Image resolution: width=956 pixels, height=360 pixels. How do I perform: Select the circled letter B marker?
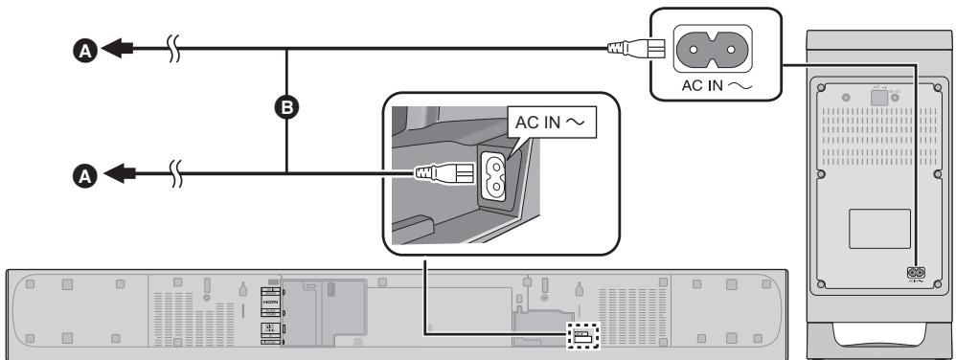[x=285, y=108]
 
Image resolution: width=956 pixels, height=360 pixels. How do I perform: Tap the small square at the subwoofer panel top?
[x=876, y=96]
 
